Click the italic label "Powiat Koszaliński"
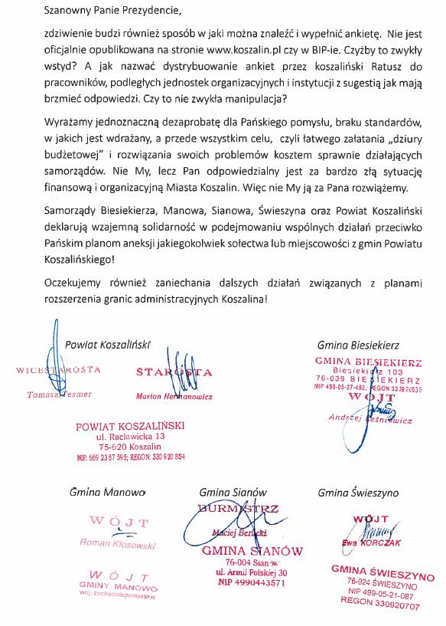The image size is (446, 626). click(108, 345)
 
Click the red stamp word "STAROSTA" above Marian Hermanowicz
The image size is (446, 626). click(174, 372)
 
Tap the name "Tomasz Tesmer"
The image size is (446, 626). click(60, 394)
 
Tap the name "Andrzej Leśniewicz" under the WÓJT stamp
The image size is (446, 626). click(369, 419)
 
